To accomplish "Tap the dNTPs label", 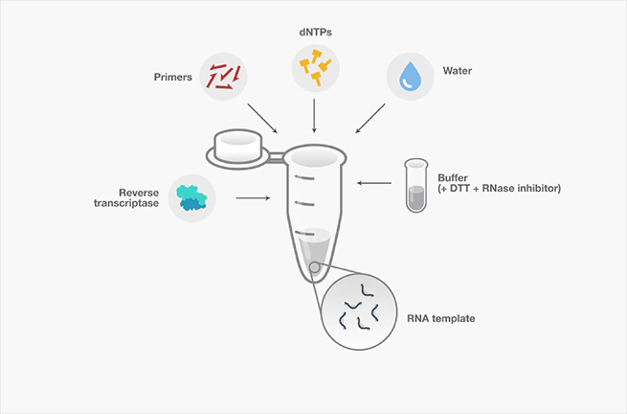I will click(x=314, y=31).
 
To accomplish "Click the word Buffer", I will click(x=453, y=178).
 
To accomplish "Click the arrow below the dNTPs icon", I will click(x=314, y=117).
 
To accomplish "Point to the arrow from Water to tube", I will click(x=370, y=118).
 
